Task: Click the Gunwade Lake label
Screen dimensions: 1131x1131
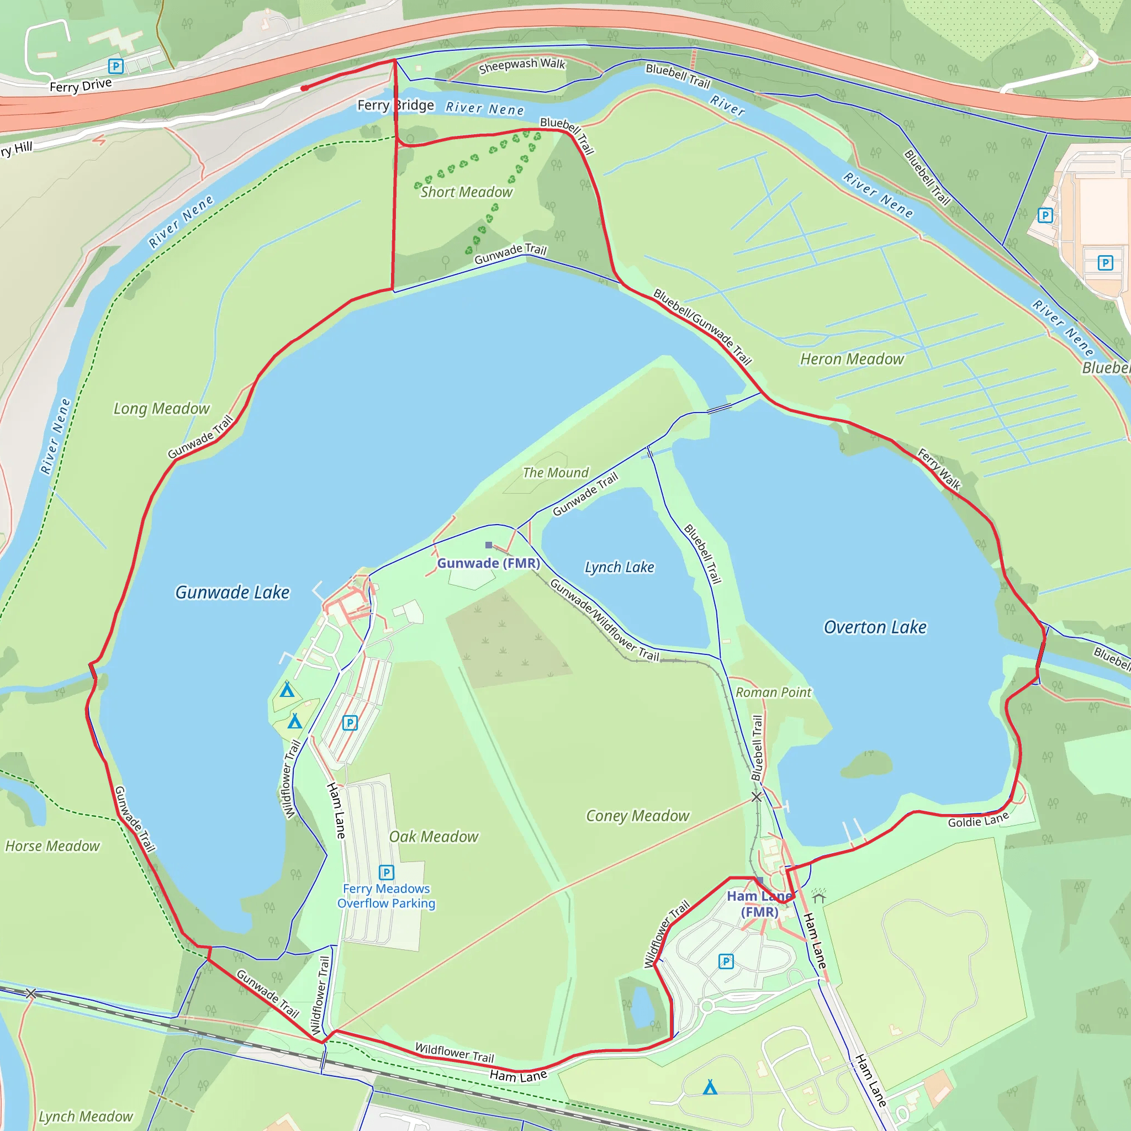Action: click(232, 593)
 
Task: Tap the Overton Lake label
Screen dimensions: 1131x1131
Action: click(875, 627)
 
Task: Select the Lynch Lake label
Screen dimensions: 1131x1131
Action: click(620, 567)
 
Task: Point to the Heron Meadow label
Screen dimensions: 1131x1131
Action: click(852, 359)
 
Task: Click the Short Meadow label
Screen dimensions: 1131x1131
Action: click(467, 192)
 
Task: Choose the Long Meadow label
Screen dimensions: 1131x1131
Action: click(162, 409)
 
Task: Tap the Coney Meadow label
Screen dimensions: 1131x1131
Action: click(637, 816)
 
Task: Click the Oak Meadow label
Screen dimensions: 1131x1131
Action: click(434, 837)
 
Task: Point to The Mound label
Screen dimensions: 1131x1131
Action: click(556, 472)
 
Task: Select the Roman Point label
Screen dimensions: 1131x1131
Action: click(773, 693)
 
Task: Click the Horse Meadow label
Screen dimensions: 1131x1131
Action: click(52, 846)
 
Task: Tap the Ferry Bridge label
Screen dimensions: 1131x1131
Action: click(396, 105)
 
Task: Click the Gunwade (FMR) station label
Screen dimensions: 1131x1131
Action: click(488, 563)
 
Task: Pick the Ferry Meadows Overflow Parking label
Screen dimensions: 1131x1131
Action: click(387, 896)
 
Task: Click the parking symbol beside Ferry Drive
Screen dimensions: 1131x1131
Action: click(116, 66)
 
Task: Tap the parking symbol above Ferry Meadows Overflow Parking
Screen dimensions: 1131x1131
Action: click(387, 872)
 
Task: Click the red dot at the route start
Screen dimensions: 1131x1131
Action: click(304, 88)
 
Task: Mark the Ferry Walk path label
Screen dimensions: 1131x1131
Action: click(939, 469)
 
